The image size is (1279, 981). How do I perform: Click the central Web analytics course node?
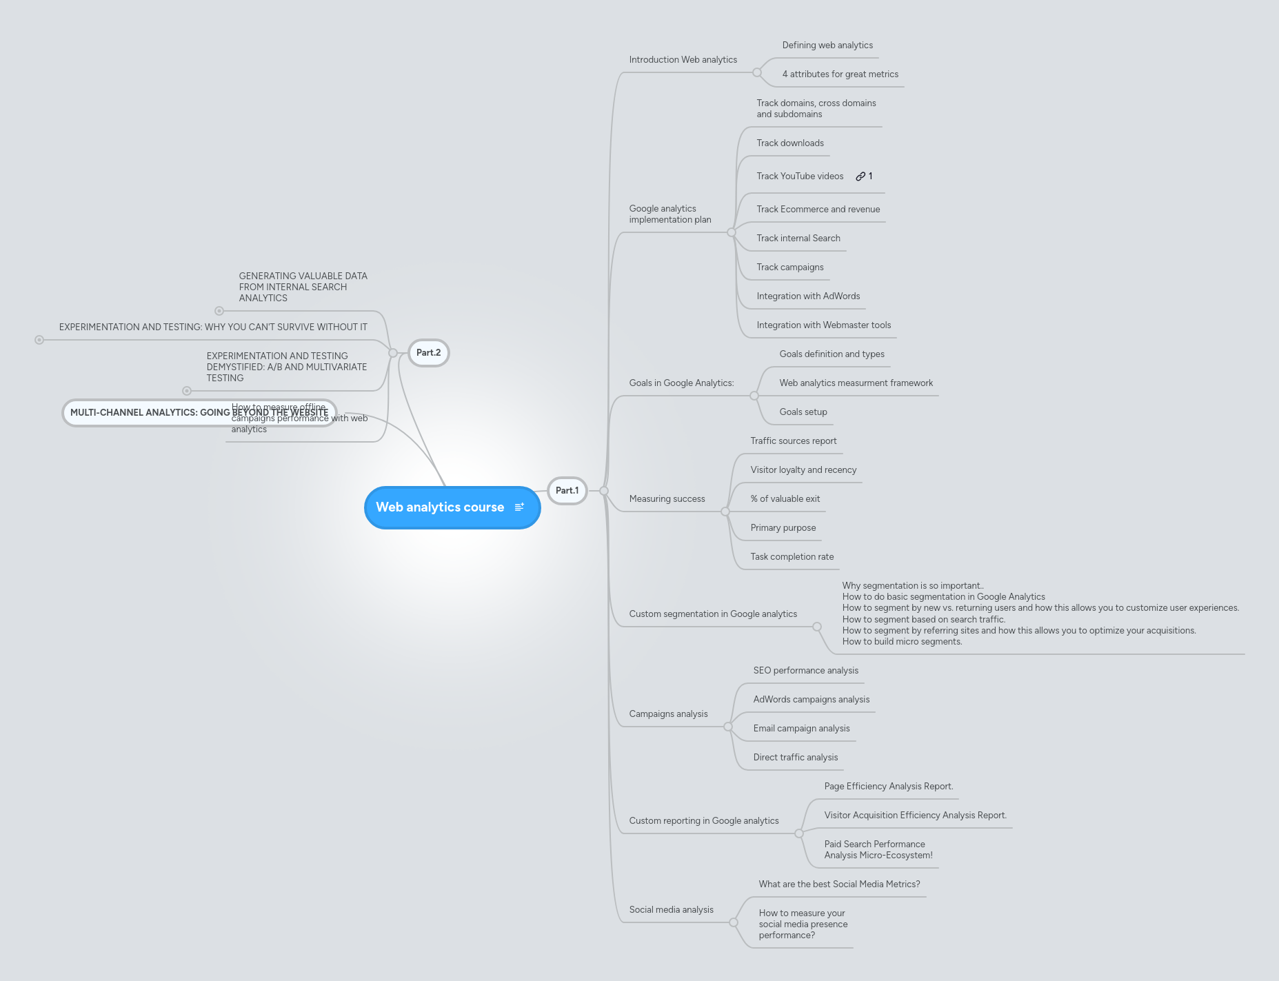click(x=439, y=507)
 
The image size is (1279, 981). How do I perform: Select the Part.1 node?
click(x=567, y=491)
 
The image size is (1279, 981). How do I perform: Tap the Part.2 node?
click(x=428, y=353)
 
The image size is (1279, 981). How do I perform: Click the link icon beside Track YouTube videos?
click(x=860, y=176)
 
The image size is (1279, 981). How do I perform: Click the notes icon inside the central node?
click(x=519, y=507)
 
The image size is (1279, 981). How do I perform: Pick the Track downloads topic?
click(x=789, y=143)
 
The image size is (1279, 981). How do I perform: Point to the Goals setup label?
click(x=803, y=412)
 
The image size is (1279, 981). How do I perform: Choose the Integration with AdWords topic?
click(x=807, y=296)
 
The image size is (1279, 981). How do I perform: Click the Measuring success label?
click(x=667, y=499)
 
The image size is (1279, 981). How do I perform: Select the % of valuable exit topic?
click(x=785, y=499)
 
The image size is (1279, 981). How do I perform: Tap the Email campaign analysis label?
click(x=801, y=729)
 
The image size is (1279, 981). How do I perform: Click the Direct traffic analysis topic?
click(x=795, y=758)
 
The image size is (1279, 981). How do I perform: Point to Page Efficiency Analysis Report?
click(x=888, y=787)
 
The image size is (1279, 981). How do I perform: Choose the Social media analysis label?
click(x=671, y=910)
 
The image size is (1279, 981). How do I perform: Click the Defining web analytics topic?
click(x=827, y=45)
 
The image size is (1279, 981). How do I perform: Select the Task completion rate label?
click(x=792, y=557)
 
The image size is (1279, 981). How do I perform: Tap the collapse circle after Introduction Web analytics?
click(x=757, y=72)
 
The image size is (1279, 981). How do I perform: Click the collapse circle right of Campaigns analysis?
click(x=728, y=727)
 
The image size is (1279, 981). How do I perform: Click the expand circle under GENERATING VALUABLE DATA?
click(x=219, y=311)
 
